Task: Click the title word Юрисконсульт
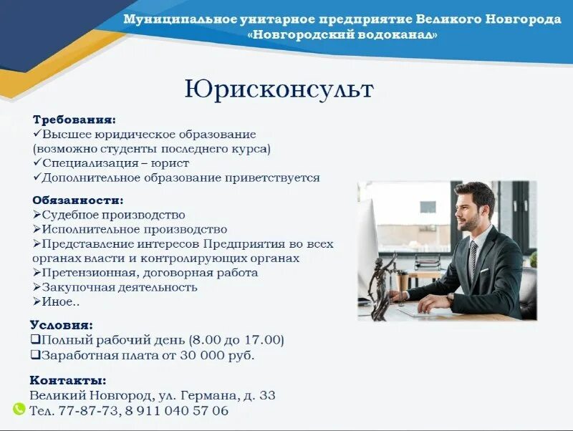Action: coord(279,89)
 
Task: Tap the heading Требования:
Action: coord(74,120)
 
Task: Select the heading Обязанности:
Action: coord(77,200)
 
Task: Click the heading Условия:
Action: coord(62,324)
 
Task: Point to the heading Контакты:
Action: coord(68,380)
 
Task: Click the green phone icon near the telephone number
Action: coord(19,410)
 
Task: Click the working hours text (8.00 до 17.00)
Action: coord(236,339)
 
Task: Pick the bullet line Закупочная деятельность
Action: coord(119,287)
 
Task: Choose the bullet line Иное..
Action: coord(61,301)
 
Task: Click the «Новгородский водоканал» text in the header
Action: coord(342,34)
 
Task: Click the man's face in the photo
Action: coord(471,211)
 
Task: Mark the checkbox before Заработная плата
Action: coord(35,355)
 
